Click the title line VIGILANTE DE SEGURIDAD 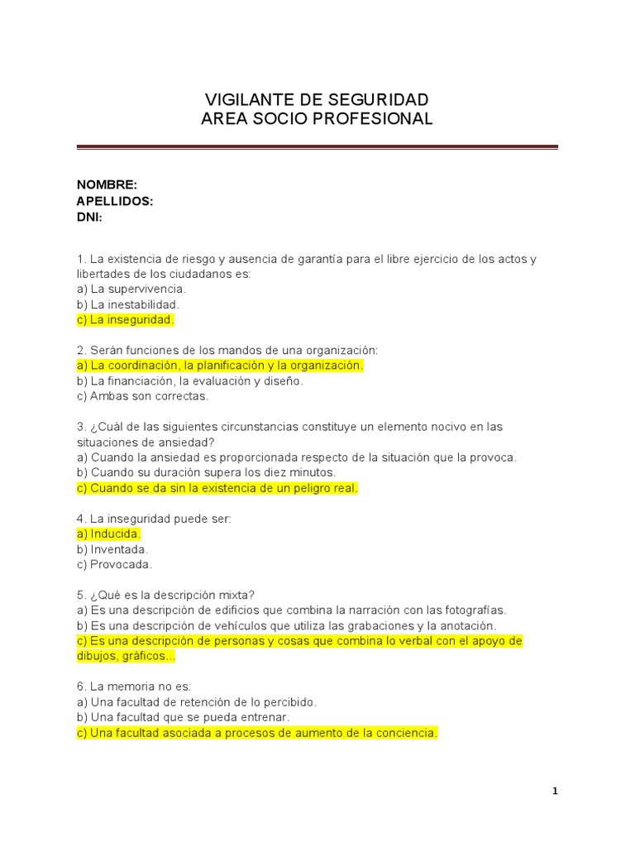coord(317,100)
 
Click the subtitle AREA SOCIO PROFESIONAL coord(317,119)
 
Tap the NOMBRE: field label coord(107,185)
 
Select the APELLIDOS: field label coord(115,201)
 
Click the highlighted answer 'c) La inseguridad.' coord(126,319)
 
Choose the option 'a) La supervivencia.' coord(131,290)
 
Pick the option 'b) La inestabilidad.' coord(128,304)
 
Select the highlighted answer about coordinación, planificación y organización coord(220,366)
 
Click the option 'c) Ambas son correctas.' coord(143,396)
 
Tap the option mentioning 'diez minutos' coord(206,472)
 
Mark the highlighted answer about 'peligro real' coord(217,488)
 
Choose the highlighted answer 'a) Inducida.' coord(108,534)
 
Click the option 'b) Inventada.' coord(112,549)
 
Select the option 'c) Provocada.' coord(114,565)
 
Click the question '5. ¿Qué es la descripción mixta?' coord(165,595)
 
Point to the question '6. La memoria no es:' coord(134,687)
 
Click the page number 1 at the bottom coord(556,792)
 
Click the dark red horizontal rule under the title coord(317,147)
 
